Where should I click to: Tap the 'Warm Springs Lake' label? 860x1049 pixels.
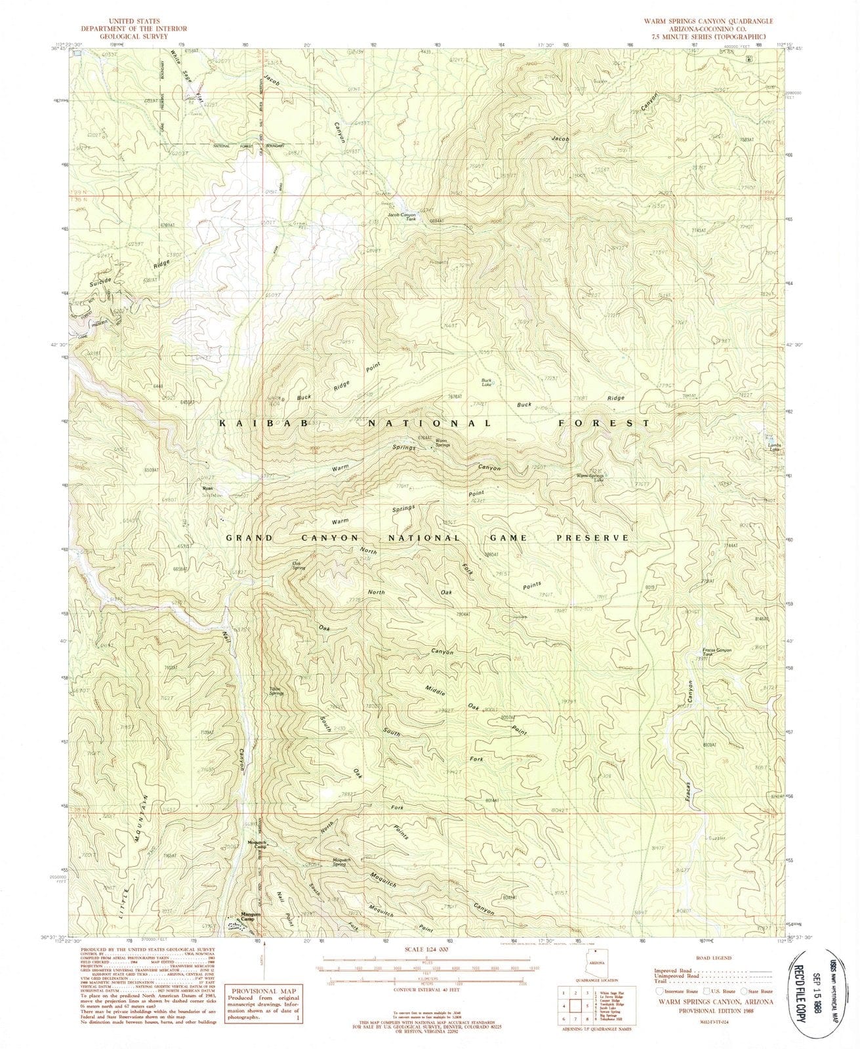[x=590, y=477]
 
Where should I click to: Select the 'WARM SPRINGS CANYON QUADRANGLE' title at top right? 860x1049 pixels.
[x=708, y=21]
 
